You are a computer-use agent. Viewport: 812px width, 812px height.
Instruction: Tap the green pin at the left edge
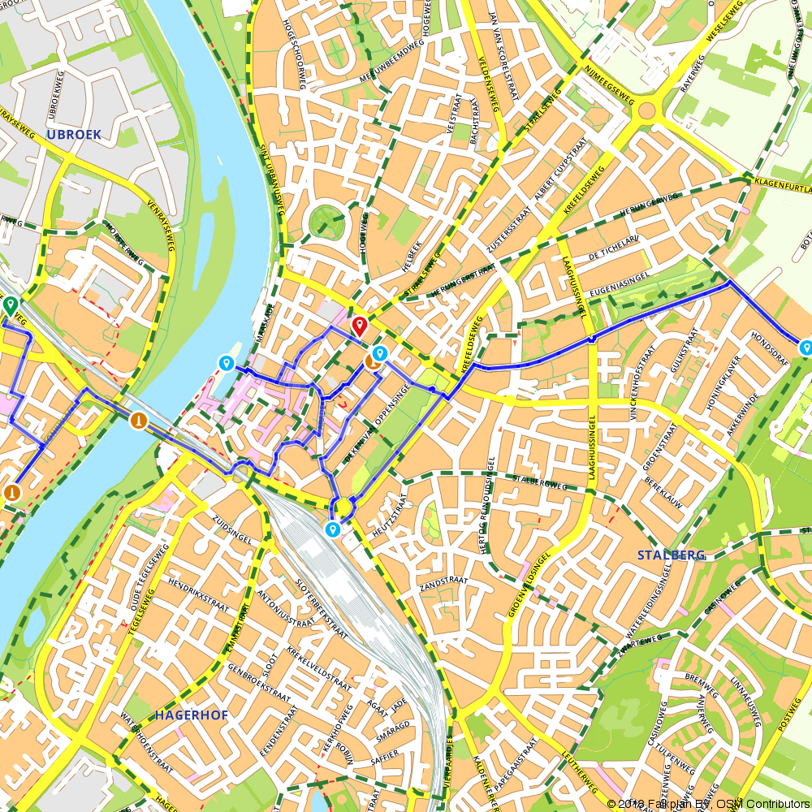coord(11,305)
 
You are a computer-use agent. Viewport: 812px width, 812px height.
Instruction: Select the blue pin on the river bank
coord(226,362)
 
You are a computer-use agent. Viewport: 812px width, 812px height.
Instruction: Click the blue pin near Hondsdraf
coord(805,348)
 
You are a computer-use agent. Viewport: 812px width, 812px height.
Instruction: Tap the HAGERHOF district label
coord(190,715)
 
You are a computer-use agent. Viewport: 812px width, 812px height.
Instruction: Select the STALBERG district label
coord(671,555)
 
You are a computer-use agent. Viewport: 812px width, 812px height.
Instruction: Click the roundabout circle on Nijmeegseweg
coord(646,110)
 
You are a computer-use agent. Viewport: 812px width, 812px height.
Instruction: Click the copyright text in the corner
coord(708,803)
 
